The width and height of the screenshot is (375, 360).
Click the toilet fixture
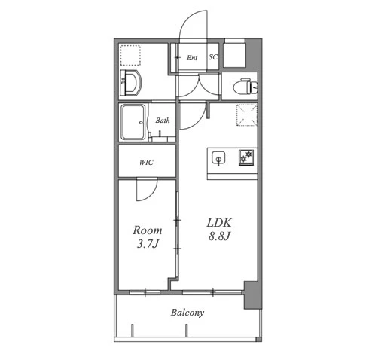click(x=245, y=87)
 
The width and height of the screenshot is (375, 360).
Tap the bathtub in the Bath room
click(x=133, y=122)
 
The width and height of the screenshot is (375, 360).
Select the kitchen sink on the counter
click(x=218, y=158)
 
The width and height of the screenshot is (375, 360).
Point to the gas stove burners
click(x=246, y=157)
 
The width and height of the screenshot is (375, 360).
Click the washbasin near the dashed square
click(x=130, y=83)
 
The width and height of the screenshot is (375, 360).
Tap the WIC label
click(x=146, y=163)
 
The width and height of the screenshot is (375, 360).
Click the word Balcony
click(x=187, y=313)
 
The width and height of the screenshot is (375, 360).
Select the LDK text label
click(x=219, y=223)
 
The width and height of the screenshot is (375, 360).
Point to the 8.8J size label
click(x=219, y=236)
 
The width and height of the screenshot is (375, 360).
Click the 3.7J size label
click(x=148, y=244)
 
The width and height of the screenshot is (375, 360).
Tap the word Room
click(x=148, y=230)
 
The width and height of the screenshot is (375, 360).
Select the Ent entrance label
click(x=192, y=58)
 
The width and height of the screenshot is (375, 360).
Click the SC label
click(x=213, y=57)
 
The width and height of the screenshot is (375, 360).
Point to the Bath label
click(x=163, y=121)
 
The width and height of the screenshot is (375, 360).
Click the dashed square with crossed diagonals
click(x=247, y=115)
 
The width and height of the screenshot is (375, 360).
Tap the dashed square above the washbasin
click(x=130, y=55)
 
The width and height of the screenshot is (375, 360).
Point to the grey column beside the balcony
click(x=253, y=295)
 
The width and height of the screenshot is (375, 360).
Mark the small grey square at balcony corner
click(x=258, y=340)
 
